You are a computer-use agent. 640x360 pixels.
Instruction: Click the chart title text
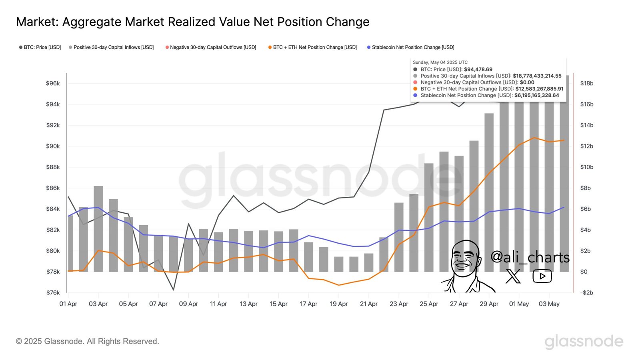pyautogui.click(x=192, y=22)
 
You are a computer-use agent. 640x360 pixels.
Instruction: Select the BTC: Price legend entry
pyautogui.click(x=40, y=47)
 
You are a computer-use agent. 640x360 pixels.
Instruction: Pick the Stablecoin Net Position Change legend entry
pyautogui.click(x=411, y=47)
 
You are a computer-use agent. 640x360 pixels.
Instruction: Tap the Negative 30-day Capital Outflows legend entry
pyautogui.click(x=211, y=47)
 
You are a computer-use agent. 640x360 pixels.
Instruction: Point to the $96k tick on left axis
pyautogui.click(x=53, y=83)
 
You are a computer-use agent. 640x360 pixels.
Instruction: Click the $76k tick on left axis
pyautogui.click(x=53, y=292)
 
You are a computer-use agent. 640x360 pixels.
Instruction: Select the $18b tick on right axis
pyautogui.click(x=587, y=83)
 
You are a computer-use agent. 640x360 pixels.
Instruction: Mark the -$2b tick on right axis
pyautogui.click(x=586, y=292)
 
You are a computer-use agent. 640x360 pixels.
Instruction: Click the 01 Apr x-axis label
pyautogui.click(x=68, y=304)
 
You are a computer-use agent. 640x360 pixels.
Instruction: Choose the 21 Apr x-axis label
pyautogui.click(x=368, y=304)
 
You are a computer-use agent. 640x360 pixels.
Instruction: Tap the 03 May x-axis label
pyautogui.click(x=549, y=304)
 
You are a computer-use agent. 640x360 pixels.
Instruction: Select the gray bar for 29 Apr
pyautogui.click(x=489, y=192)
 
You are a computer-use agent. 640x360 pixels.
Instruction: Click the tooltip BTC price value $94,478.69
pyautogui.click(x=478, y=69)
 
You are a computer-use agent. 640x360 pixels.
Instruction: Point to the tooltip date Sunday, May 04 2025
pyautogui.click(x=440, y=62)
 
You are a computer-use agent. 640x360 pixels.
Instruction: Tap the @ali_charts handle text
pyautogui.click(x=530, y=257)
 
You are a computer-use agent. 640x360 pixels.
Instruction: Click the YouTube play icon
pyautogui.click(x=542, y=276)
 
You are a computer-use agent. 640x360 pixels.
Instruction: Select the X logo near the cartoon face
pyautogui.click(x=513, y=276)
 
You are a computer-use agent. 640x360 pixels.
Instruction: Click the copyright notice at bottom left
pyautogui.click(x=87, y=341)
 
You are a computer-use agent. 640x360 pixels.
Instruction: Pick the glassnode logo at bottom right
pyautogui.click(x=584, y=341)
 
